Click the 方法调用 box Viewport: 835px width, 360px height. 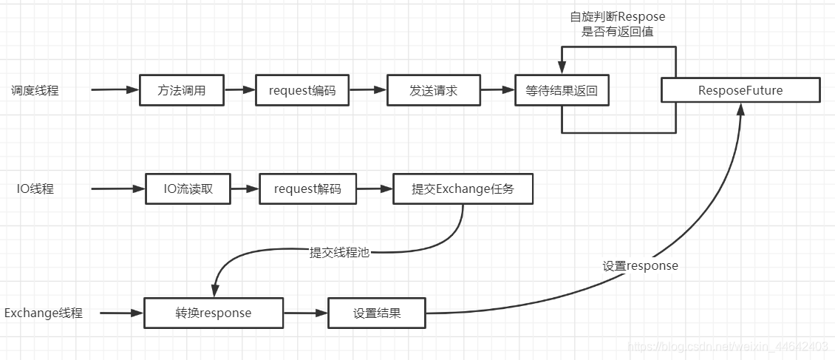tap(181, 91)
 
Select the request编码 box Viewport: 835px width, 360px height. tap(301, 91)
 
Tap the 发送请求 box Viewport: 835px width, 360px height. tap(433, 91)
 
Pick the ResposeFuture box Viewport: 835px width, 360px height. tap(740, 91)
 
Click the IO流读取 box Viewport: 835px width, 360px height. tap(188, 189)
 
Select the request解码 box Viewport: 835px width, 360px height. tap(307, 189)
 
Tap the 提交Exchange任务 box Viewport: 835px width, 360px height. tap(463, 189)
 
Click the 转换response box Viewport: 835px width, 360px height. tap(214, 313)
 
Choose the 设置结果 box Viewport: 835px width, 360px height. tap(376, 313)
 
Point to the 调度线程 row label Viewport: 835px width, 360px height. tap(35, 91)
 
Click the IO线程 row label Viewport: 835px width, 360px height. tap(35, 189)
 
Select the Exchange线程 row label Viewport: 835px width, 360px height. tap(44, 313)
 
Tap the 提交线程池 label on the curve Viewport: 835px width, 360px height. tap(339, 253)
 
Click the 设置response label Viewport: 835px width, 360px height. tap(640, 265)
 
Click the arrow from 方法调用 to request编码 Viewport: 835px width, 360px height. tap(239, 90)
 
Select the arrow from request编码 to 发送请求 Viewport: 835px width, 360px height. tap(367, 90)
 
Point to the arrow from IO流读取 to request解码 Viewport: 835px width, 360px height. tap(245, 189)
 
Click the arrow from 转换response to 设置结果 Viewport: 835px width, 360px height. tap(305, 313)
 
